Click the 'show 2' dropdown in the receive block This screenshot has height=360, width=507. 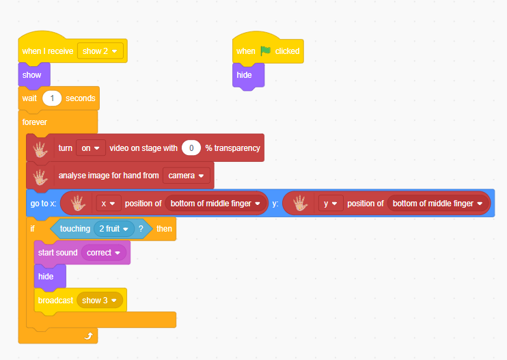click(100, 51)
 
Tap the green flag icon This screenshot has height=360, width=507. click(266, 51)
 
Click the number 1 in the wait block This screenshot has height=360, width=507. click(52, 98)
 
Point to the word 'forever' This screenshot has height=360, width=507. click(35, 122)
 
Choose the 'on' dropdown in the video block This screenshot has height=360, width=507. click(90, 148)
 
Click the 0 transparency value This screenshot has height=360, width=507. click(191, 148)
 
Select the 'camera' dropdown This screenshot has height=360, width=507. click(187, 176)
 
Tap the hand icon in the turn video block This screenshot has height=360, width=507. click(40, 149)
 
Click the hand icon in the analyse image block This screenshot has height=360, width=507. click(40, 177)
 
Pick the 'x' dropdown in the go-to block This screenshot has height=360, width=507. click(109, 204)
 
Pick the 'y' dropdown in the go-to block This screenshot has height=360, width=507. click(331, 204)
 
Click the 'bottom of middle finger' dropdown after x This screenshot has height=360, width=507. click(216, 204)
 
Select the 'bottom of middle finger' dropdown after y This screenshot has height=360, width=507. click(438, 204)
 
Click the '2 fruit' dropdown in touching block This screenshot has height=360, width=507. click(114, 229)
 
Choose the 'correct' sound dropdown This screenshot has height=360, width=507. click(103, 253)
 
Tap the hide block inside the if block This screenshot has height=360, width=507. click(50, 277)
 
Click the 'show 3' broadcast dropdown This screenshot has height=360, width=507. click(100, 301)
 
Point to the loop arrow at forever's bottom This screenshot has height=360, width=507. click(89, 336)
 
